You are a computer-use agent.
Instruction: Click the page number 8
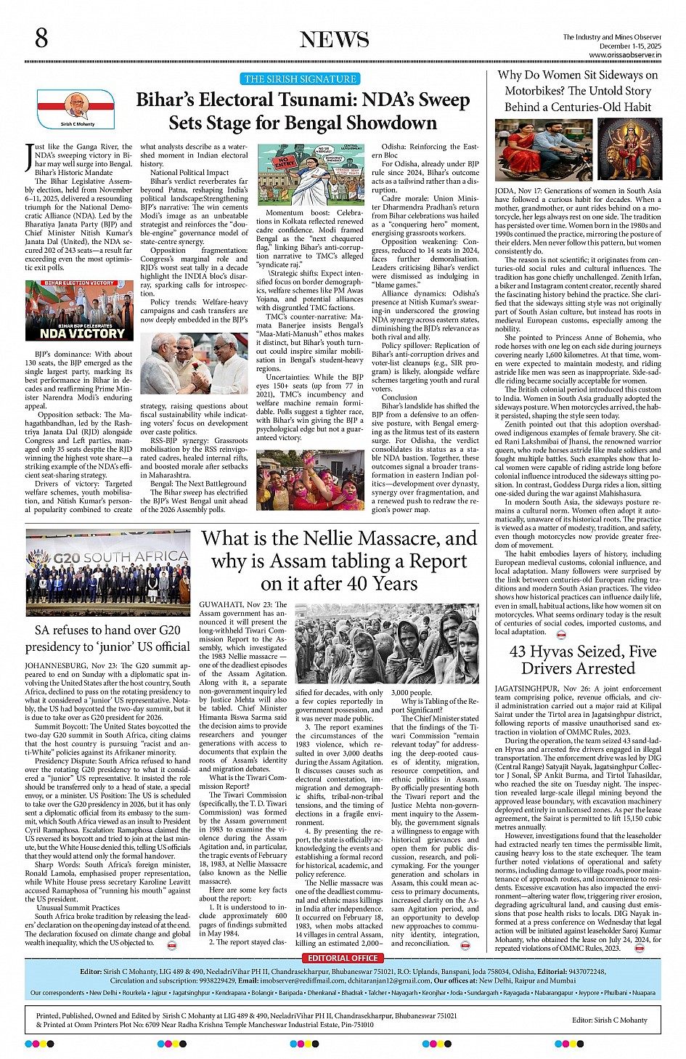tap(42, 38)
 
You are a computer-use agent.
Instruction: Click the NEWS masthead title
tap(334, 40)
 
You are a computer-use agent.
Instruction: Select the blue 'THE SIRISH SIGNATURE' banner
tap(300, 79)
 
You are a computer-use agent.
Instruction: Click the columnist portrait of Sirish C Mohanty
tap(77, 107)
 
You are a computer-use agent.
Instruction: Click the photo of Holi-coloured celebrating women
tap(310, 480)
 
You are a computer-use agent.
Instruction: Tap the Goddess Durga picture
tap(628, 151)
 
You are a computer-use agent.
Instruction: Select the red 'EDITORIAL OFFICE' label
tap(343, 958)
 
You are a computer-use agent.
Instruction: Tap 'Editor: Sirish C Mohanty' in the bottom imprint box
tap(609, 1020)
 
